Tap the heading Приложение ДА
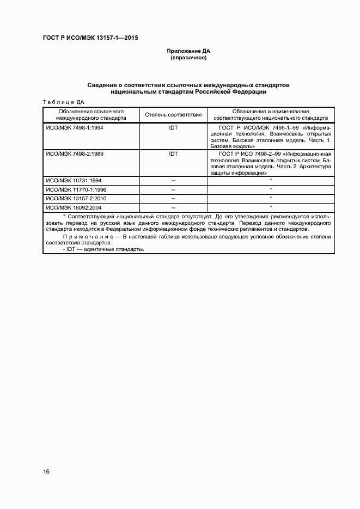pos(188,51)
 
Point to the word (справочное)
pos(188,57)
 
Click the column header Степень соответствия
pos(173,114)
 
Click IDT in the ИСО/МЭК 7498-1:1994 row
pos(173,127)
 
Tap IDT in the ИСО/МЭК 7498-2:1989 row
pos(173,154)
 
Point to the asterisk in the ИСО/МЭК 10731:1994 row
pos(271,180)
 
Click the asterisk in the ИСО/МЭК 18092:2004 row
pos(271,207)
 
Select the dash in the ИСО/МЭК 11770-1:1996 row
pos(173,190)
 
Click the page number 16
pos(46,471)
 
